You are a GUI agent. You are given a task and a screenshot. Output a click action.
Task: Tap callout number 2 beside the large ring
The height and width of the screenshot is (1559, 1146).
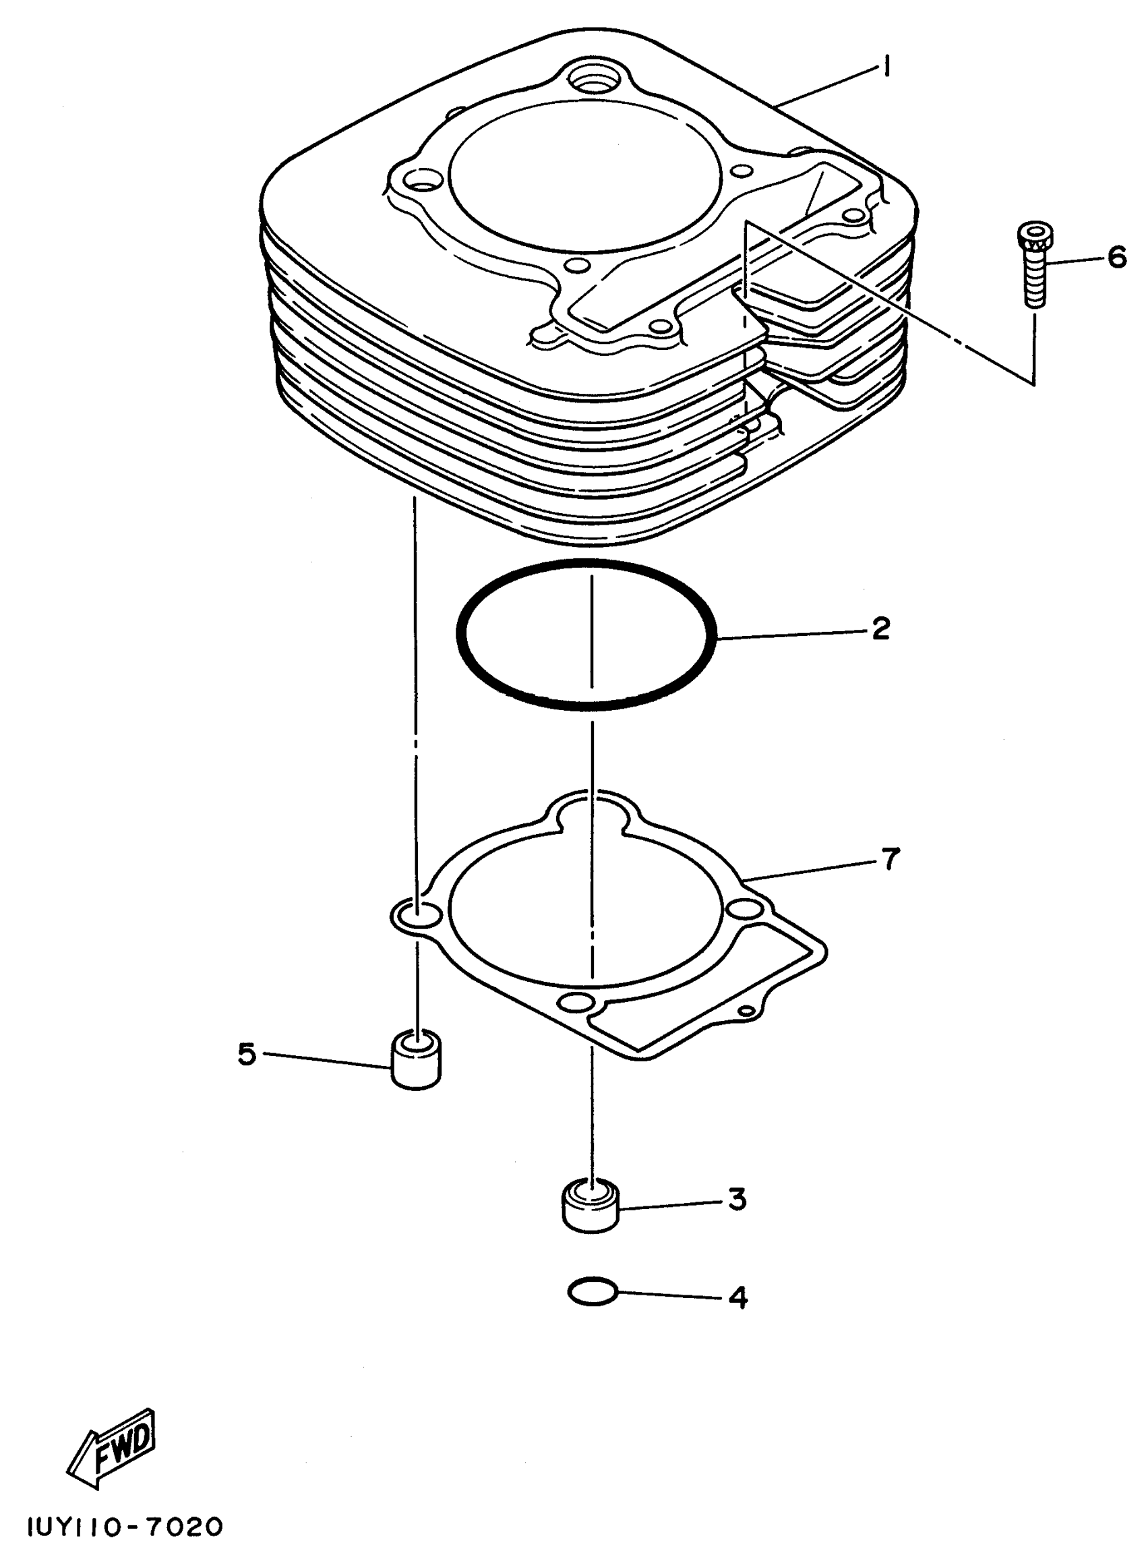pos(880,629)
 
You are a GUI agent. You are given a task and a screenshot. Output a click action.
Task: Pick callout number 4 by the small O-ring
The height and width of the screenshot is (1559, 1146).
pos(738,1297)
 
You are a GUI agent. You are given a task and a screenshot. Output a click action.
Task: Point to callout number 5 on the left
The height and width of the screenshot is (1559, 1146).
pos(247,1054)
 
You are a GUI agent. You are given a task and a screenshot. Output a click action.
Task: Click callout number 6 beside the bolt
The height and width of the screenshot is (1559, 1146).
pos(1117,258)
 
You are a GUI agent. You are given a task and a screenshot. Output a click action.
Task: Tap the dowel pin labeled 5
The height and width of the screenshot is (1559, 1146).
pos(416,1061)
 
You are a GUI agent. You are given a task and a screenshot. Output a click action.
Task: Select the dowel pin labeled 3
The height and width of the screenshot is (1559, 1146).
pos(591,1205)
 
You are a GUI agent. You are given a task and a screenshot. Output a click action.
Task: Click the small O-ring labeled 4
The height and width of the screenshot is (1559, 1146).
pos(592,1293)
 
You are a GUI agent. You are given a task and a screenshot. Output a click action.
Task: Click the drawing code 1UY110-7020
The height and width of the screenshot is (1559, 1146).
pos(125,1527)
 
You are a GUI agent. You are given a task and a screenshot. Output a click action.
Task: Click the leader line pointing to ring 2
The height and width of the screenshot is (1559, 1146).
pos(791,633)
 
